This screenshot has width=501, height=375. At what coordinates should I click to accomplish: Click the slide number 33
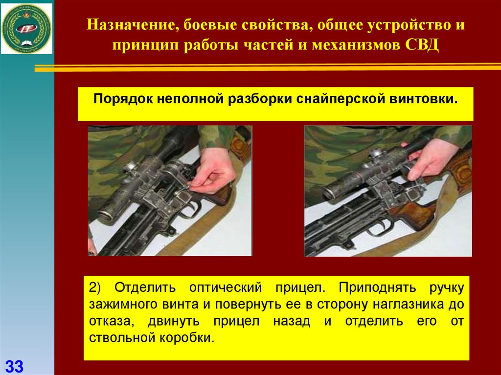(x=14, y=366)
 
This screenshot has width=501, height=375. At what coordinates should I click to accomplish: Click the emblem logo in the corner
(x=26, y=28)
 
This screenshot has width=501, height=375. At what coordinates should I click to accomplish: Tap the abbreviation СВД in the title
(x=422, y=45)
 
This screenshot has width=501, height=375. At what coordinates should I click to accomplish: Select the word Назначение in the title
(x=130, y=25)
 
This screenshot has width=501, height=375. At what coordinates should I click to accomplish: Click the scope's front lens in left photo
(x=106, y=215)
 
